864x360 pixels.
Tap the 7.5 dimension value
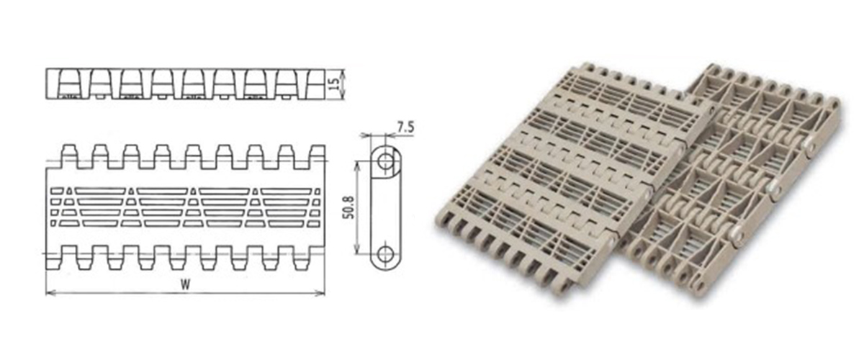[405, 128]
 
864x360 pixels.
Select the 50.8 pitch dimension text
[348, 207]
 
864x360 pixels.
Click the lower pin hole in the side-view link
[386, 254]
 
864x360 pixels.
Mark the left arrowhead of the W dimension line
[50, 292]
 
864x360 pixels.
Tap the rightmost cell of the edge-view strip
[317, 84]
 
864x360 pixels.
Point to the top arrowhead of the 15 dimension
[343, 71]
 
